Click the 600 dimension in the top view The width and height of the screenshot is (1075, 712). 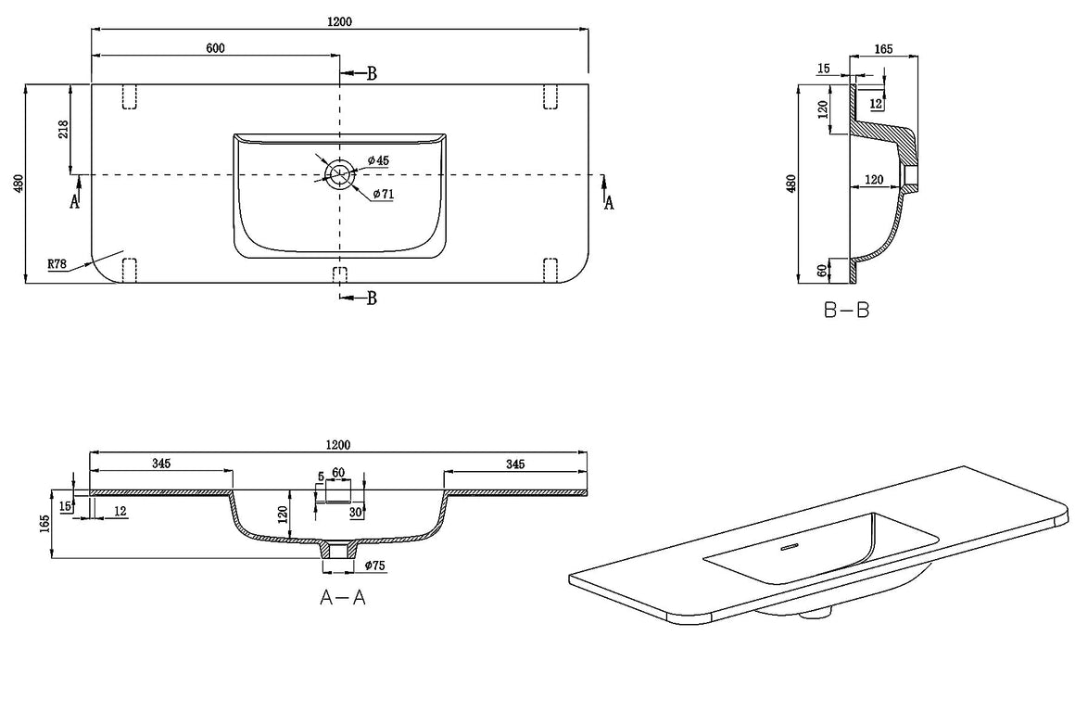(215, 48)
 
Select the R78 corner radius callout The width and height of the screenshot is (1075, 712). (57, 263)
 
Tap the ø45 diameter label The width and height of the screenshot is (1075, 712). (378, 160)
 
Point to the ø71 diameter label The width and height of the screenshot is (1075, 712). (384, 194)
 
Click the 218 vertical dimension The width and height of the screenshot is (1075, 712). (63, 129)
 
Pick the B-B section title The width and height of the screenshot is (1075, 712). (847, 310)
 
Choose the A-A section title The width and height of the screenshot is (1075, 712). (343, 597)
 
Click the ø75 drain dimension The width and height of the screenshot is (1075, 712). (375, 566)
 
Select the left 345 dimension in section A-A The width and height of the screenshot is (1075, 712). (161, 464)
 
